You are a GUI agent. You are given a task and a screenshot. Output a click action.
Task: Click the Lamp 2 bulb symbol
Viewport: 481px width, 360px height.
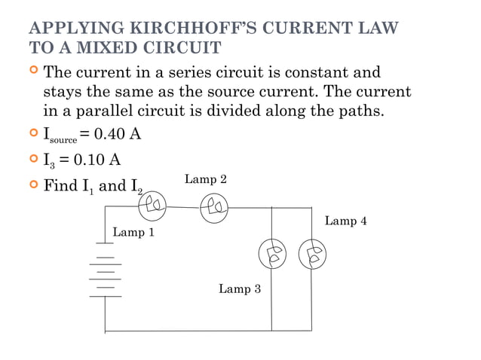click(x=214, y=206)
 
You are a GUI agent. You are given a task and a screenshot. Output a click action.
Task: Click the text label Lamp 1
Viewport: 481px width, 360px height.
click(x=133, y=232)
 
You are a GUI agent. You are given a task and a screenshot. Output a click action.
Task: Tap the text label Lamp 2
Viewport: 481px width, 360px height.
click(x=206, y=179)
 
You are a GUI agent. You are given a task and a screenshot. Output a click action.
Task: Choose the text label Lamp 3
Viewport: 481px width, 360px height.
click(x=240, y=288)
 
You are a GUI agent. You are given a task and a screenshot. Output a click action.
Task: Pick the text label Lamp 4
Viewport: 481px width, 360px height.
click(x=345, y=221)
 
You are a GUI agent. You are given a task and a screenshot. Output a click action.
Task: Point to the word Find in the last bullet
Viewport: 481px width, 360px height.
click(x=60, y=185)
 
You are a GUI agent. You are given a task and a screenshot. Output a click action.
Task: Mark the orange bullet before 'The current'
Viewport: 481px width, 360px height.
click(x=32, y=72)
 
